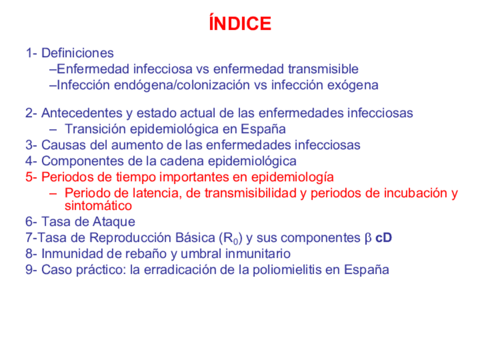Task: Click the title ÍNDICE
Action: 239,24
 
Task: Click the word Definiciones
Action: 78,53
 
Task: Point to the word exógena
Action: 355,85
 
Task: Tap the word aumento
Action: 125,145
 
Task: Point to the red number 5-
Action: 31,177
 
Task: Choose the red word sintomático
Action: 98,205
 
